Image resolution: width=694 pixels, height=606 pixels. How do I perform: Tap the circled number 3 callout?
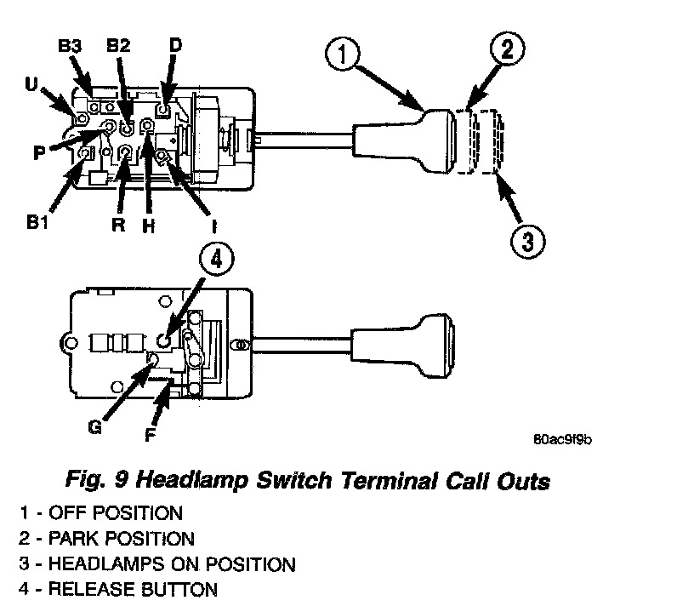pos(526,240)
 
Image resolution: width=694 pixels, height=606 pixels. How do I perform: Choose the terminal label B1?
pos(37,223)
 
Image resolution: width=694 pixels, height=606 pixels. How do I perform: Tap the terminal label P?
pos(39,153)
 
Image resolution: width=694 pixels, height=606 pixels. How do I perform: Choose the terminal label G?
pos(94,426)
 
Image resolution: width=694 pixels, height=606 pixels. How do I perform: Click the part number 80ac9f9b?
pos(561,439)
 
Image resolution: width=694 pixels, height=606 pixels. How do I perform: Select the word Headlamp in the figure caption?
pos(191,481)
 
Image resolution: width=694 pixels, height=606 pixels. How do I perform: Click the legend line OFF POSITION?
pos(101,513)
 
